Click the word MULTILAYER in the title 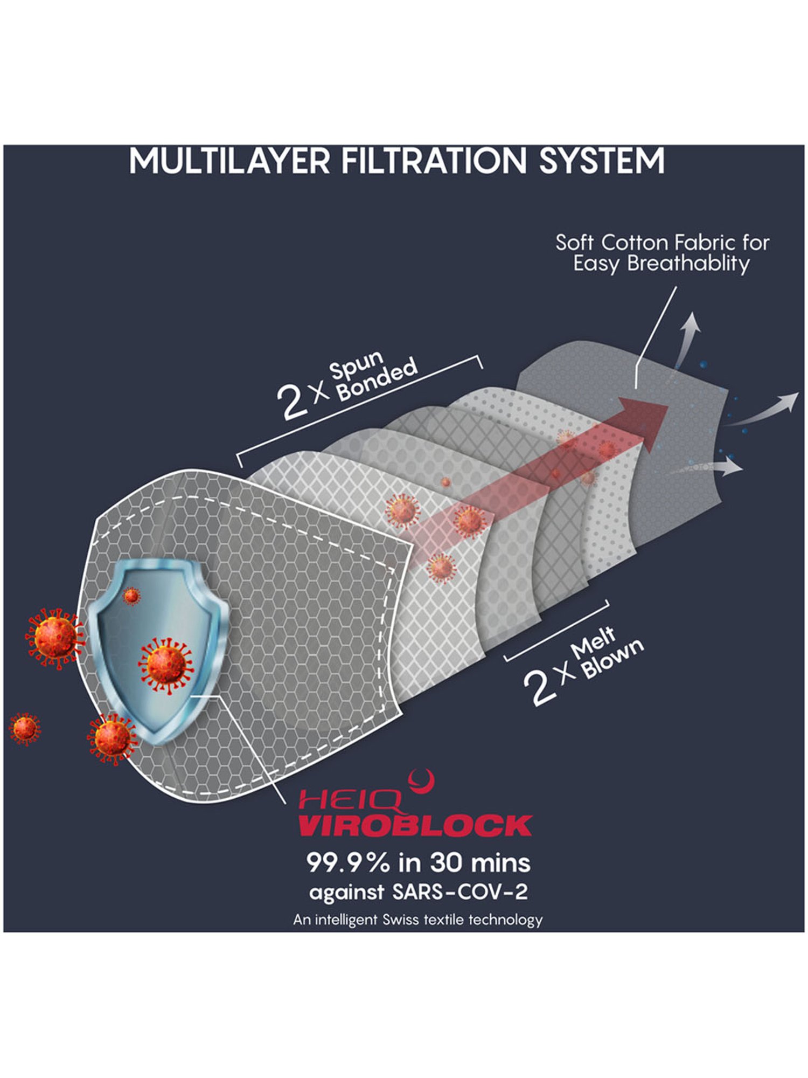pyautogui.click(x=229, y=161)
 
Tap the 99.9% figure pyautogui.click(x=348, y=863)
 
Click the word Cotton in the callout pyautogui.click(x=634, y=243)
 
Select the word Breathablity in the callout pyautogui.click(x=688, y=264)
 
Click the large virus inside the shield pyautogui.click(x=165, y=666)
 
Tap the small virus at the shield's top pyautogui.click(x=131, y=596)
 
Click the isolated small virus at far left pyautogui.click(x=24, y=729)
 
